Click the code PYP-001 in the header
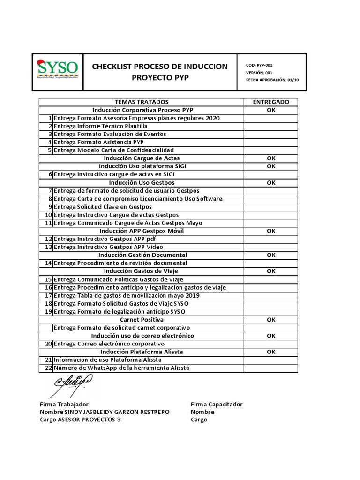coord(265,66)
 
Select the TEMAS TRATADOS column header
coord(142,102)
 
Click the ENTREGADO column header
coord(271,102)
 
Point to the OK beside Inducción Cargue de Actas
coord(271,158)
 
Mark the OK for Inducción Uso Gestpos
coord(271,183)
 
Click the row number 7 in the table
coord(49,191)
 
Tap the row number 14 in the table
coord(48,263)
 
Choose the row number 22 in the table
coord(48,368)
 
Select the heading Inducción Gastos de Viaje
coord(141,271)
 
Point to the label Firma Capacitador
coord(217,405)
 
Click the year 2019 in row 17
coord(192,296)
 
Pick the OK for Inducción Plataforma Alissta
coord(271,352)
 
